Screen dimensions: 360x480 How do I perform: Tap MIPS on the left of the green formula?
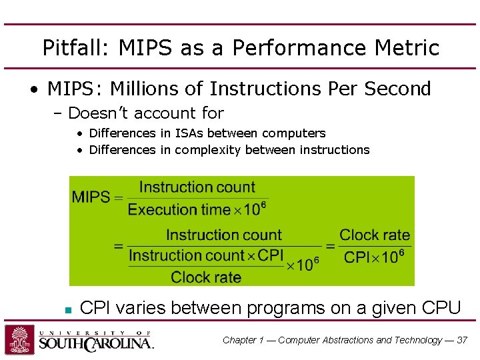tap(91, 197)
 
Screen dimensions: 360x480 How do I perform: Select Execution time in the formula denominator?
tap(178, 210)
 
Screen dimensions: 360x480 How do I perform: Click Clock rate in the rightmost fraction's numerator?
tap(375, 235)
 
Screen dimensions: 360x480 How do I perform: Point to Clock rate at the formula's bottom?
tap(206, 277)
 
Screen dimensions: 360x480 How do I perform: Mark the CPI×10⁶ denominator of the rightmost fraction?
tap(374, 257)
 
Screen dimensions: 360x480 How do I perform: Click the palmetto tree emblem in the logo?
tap(20, 340)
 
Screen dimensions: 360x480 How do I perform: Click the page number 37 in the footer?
tap(462, 340)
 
